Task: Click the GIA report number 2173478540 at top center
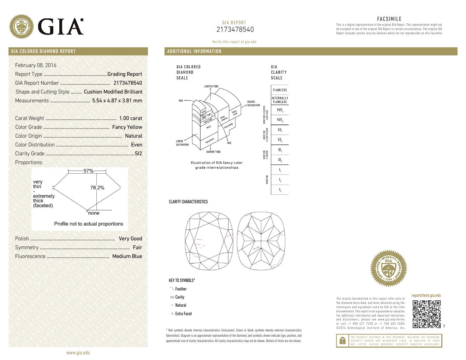[x=235, y=30]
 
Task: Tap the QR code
[x=426, y=314]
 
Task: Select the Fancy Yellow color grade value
[x=127, y=127]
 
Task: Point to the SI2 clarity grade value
[x=138, y=154]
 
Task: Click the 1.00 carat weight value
[x=130, y=118]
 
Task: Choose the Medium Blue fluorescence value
[x=127, y=256]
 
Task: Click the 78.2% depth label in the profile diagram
[x=97, y=188]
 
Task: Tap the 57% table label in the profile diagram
[x=88, y=171]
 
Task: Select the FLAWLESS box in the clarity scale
[x=280, y=90]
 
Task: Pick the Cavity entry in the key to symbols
[x=180, y=297]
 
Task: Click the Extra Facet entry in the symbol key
[x=183, y=314]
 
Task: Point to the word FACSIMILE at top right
[x=389, y=19]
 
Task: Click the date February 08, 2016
[x=36, y=65]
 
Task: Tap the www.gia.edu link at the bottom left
[x=78, y=353]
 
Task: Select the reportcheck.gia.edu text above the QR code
[x=426, y=295]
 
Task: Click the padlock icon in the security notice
[x=342, y=341]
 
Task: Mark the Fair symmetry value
[x=137, y=247]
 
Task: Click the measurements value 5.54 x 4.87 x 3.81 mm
[x=117, y=101]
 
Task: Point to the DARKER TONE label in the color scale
[x=213, y=152]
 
